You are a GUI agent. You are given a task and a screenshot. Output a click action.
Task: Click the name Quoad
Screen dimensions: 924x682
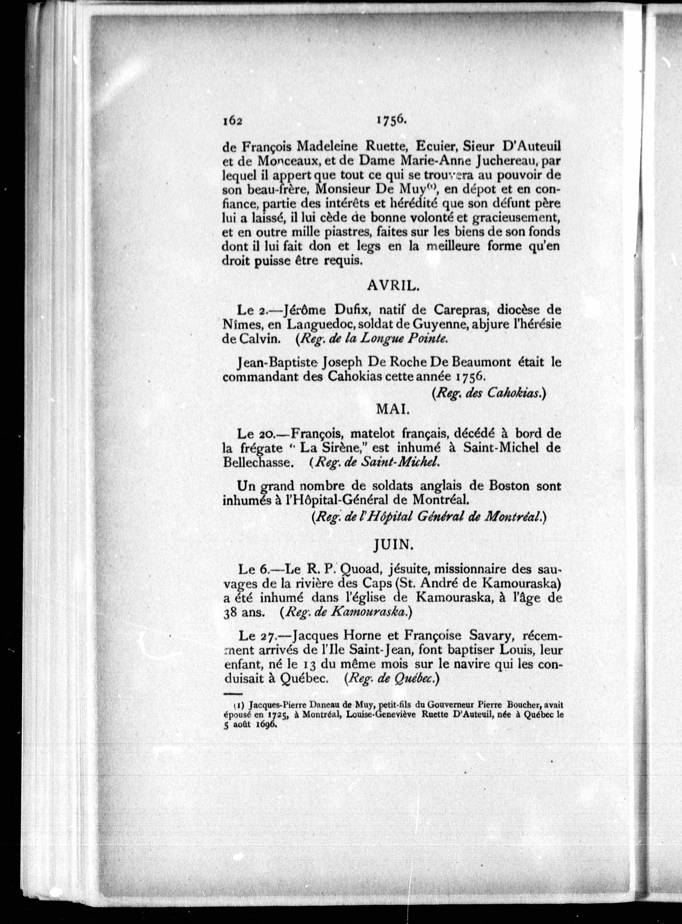(363, 569)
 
